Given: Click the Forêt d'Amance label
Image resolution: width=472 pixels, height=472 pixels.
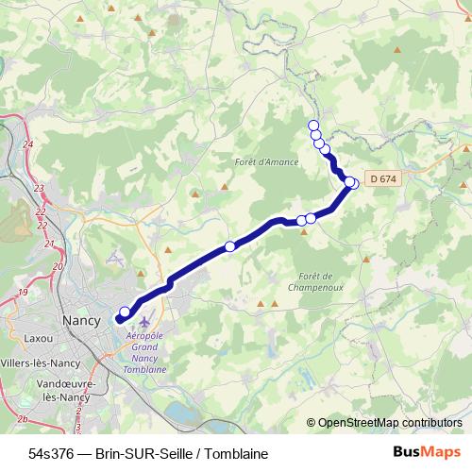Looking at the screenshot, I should [x=266, y=162].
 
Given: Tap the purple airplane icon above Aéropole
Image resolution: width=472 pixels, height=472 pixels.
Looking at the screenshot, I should [x=143, y=326].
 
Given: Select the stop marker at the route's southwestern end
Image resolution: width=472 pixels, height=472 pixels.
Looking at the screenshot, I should [x=125, y=312].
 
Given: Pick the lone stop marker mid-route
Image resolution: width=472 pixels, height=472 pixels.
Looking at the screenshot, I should [x=230, y=246].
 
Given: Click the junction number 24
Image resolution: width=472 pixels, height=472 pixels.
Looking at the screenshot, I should [x=27, y=143].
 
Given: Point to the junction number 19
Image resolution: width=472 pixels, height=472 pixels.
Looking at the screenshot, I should [x=21, y=294].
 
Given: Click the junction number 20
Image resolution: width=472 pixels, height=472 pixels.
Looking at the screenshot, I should [x=57, y=267].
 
